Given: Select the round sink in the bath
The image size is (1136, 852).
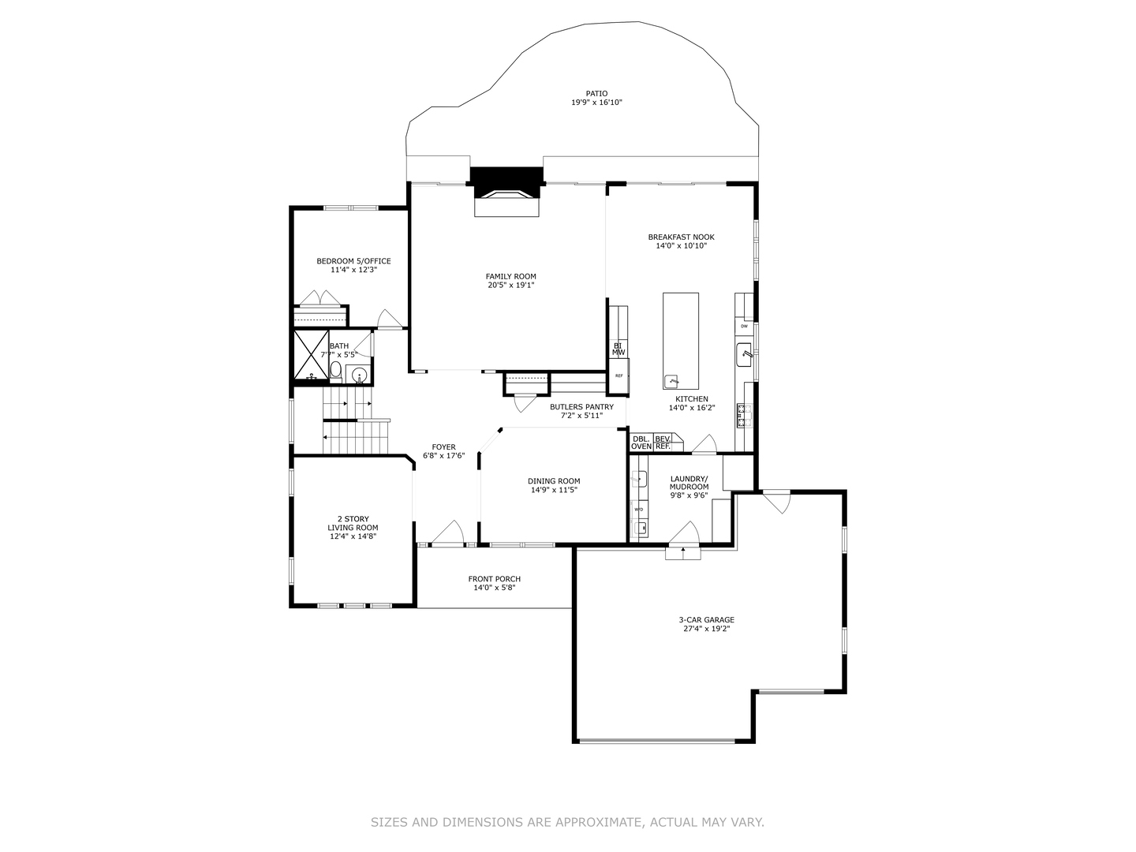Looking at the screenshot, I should tap(360, 375).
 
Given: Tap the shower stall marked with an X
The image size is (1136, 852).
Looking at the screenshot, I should tap(311, 355).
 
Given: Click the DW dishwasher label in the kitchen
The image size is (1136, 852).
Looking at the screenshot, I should tap(744, 326).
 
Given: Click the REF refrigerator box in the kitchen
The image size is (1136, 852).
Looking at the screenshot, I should tap(618, 376).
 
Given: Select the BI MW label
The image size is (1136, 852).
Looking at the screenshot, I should tap(618, 349).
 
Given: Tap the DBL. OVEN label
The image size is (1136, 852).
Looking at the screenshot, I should tap(641, 443).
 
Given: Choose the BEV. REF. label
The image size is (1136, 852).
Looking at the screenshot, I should tap(663, 443).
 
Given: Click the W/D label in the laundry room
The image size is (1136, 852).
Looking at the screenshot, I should tap(639, 510).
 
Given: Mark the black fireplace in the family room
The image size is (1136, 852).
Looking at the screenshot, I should tap(506, 177).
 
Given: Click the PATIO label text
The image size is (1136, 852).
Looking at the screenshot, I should tap(596, 94).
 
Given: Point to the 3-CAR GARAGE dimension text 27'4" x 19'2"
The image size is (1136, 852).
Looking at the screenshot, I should tap(707, 630).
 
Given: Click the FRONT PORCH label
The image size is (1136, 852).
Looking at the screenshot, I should tap(494, 579).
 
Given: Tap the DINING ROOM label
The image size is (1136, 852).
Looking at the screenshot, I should tap(554, 481).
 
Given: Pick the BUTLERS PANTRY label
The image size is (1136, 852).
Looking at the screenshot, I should tap(581, 407).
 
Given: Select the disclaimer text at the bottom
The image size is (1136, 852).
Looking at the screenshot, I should tap(567, 822).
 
